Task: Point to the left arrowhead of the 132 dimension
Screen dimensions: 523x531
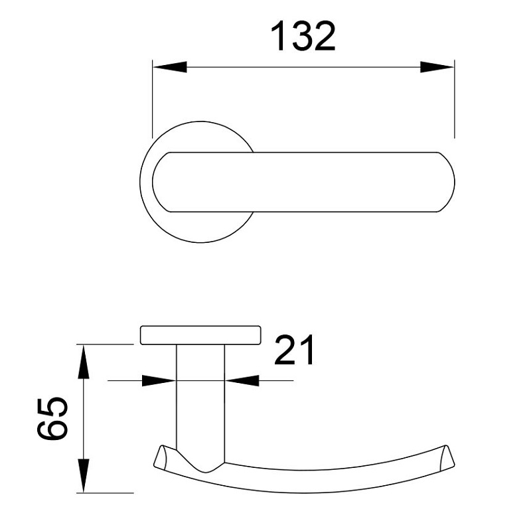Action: click(169, 67)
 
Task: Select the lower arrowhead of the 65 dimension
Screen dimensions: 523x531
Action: click(84, 477)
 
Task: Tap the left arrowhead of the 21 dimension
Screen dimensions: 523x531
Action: click(160, 380)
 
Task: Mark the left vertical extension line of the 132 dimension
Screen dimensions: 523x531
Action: click(153, 100)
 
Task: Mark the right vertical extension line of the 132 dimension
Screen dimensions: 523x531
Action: click(455, 100)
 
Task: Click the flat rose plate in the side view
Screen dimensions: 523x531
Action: click(199, 335)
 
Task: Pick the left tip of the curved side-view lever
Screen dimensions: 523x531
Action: click(159, 457)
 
